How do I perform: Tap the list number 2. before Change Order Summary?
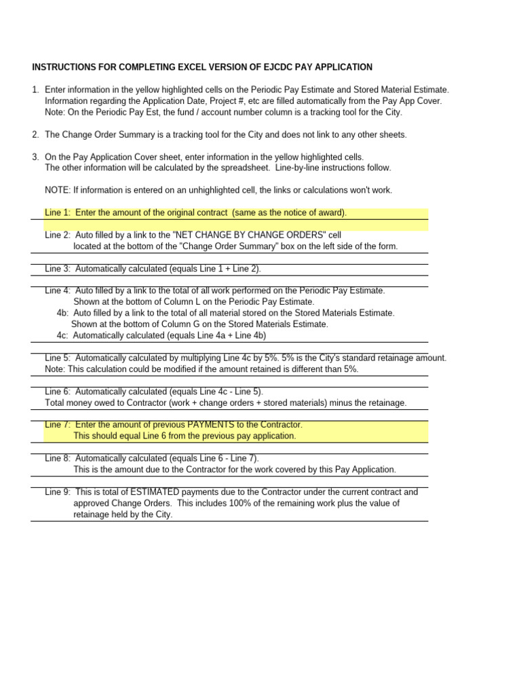pos(35,134)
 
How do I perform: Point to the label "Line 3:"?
pos(58,269)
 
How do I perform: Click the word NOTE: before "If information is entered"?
pos(56,190)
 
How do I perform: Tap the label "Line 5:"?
pos(58,358)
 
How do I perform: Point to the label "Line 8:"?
pos(58,458)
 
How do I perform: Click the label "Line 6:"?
pos(58,392)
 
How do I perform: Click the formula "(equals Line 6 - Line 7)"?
pos(214,458)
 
